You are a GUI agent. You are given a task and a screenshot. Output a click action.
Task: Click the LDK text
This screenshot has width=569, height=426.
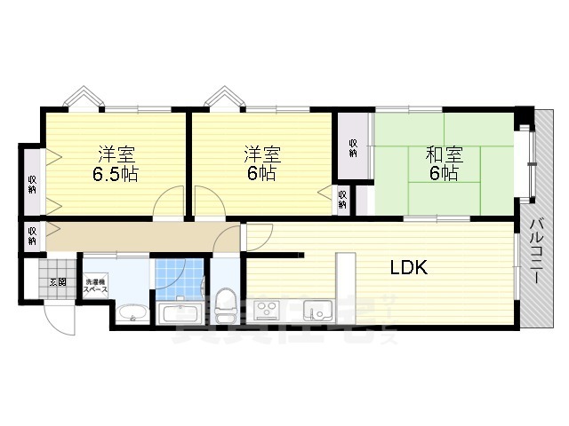point(408,266)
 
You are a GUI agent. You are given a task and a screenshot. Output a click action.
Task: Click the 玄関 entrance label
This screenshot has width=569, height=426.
point(58,281)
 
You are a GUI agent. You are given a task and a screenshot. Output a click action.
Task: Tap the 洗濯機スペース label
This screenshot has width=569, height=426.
point(95,286)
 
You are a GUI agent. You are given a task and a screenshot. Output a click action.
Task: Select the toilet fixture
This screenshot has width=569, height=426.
point(225,297)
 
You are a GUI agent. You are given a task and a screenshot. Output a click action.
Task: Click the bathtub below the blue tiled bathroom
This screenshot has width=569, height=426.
point(181,312)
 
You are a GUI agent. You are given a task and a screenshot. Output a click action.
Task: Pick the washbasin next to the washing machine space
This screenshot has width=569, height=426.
point(133,312)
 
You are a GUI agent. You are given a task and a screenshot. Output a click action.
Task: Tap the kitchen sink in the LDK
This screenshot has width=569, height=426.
point(317,310)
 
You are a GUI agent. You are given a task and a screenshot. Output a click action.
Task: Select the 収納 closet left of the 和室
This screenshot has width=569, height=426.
point(353,147)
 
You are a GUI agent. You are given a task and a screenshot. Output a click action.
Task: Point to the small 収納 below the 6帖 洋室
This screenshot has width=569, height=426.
point(342,199)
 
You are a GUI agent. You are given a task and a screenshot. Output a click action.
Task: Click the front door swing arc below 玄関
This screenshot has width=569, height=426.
point(60,319)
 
